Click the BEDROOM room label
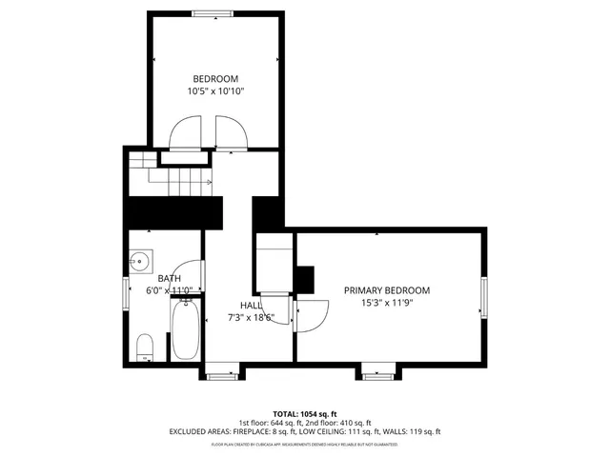pyautogui.click(x=215, y=79)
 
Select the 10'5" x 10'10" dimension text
pyautogui.click(x=215, y=92)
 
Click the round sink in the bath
pyautogui.click(x=141, y=260)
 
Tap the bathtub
pyautogui.click(x=185, y=329)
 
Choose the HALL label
pyautogui.click(x=251, y=306)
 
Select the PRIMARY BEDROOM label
pyautogui.click(x=387, y=290)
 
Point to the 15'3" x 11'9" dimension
pyautogui.click(x=387, y=304)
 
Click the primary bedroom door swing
pyautogui.click(x=310, y=314)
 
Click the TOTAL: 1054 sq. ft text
pyautogui.click(x=305, y=413)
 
